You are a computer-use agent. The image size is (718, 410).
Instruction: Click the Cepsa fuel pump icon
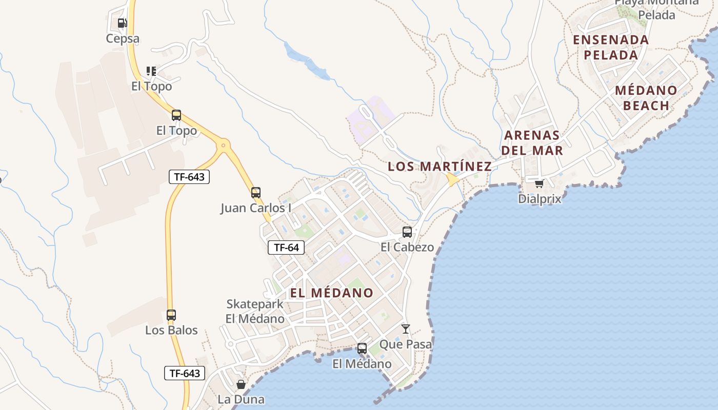tap(122, 23)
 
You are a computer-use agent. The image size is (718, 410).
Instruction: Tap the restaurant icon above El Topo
tap(151, 71)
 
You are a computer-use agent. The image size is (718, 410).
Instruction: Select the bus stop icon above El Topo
tap(176, 115)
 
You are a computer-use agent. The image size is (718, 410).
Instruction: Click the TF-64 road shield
tap(286, 248)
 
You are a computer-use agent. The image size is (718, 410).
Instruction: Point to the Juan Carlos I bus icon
tap(256, 193)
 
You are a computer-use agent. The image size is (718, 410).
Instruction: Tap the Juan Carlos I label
tap(256, 208)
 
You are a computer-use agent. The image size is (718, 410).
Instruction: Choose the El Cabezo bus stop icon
tap(407, 232)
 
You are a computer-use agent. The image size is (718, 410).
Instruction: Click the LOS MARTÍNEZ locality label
tap(440, 166)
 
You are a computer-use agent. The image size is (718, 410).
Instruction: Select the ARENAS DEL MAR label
tap(532, 143)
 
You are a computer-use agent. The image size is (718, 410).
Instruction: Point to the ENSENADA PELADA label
tap(611, 47)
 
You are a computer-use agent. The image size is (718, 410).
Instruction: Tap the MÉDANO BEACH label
tap(646, 98)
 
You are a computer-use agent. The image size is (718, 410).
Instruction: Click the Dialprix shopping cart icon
tap(539, 183)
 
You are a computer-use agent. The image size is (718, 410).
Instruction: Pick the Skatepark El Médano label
tap(255, 311)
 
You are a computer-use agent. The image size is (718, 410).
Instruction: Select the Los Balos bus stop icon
tap(171, 315)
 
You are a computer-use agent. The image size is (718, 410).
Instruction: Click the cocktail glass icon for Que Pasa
tap(406, 329)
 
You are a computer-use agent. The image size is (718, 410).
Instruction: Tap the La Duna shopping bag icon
tap(241, 384)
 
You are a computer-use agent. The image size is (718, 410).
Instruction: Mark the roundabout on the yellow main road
tap(223, 145)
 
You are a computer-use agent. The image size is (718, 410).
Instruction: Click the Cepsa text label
tap(123, 39)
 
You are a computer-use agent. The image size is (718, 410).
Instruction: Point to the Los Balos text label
tap(171, 330)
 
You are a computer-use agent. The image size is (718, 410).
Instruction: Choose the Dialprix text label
tap(540, 199)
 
